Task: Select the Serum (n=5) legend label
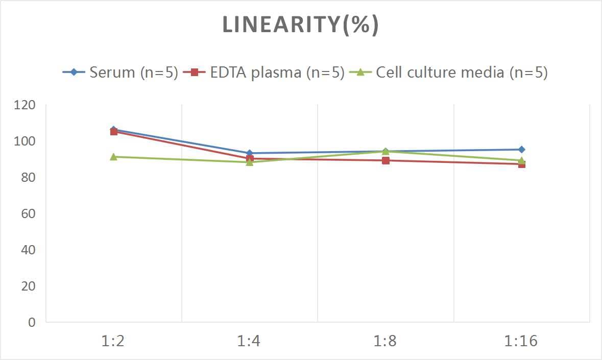pos(133,73)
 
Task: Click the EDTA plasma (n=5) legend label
pos(277,73)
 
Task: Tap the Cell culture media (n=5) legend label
pos(462,73)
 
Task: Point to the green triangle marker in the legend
pos(360,73)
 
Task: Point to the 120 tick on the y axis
pos(26,105)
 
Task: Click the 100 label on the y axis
pos(26,141)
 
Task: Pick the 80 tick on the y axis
pos(29,178)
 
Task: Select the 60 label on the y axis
pos(29,213)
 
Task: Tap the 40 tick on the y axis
pos(29,250)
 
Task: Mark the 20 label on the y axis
pos(29,286)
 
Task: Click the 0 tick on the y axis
pos(32,322)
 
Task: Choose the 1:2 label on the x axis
pos(113,341)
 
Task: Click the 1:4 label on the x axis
pos(249,341)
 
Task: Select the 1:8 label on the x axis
pos(386,341)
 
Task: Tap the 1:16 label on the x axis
pos(521,341)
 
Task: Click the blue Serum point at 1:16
pos(521,150)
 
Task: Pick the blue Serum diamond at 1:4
pos(249,153)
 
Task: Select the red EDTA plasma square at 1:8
pos(386,160)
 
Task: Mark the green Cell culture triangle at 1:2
pos(113,157)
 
